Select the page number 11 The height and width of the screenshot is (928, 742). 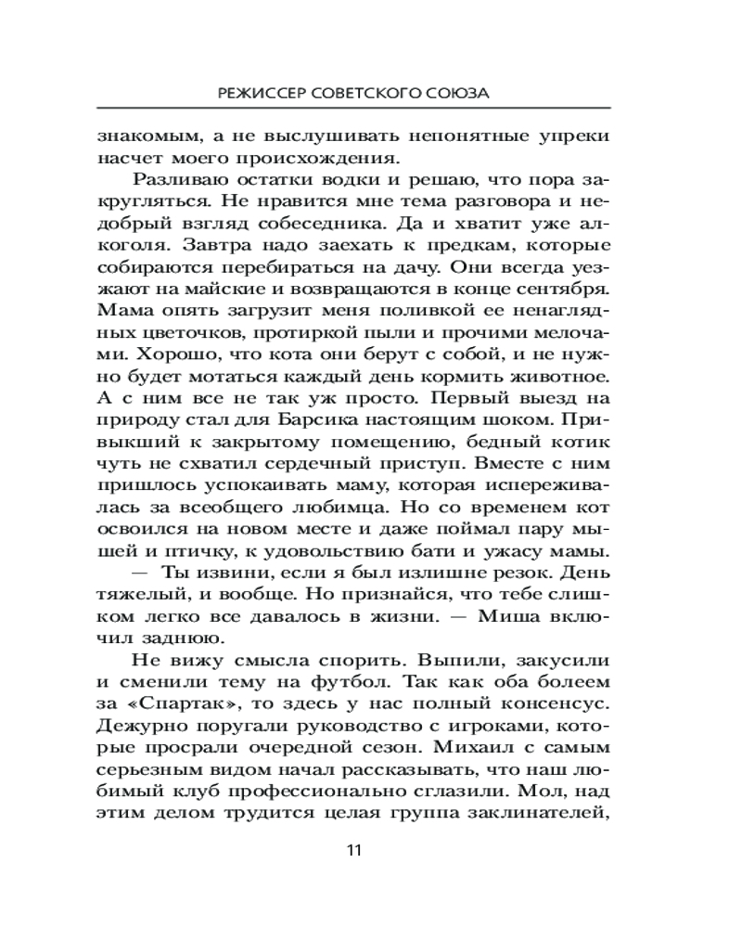pyautogui.click(x=352, y=850)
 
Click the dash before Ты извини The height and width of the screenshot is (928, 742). pyautogui.click(x=144, y=574)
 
